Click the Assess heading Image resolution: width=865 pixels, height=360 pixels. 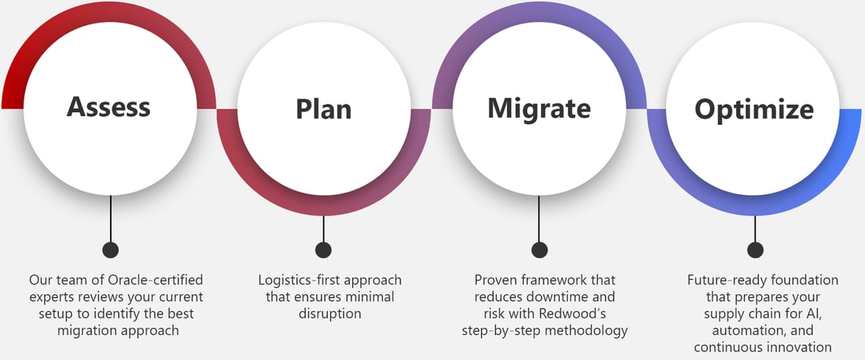pos(109,106)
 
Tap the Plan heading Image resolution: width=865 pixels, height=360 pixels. pos(323,109)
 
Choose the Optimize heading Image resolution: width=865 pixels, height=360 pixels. pos(753,108)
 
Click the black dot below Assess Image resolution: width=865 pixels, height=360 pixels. pos(111,250)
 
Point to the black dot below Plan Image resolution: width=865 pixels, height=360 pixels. pos(323,250)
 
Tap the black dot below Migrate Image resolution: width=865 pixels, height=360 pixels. pos(539,250)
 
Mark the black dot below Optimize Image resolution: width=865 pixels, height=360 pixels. pos(755,250)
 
